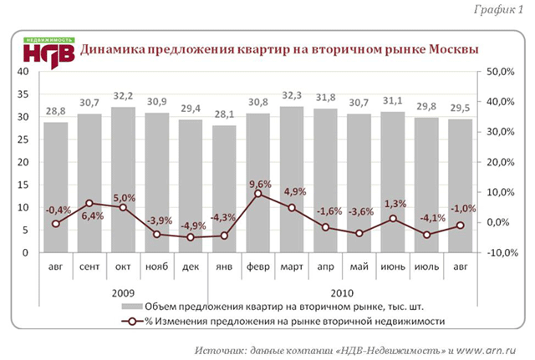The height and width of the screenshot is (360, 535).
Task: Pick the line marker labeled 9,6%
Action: (258, 194)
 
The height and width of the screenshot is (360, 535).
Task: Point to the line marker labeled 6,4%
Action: (89, 203)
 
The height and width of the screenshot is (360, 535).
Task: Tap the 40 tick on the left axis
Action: (23, 73)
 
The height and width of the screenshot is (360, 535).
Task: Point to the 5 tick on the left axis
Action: (26, 230)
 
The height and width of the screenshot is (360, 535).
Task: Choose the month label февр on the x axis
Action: (257, 266)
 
